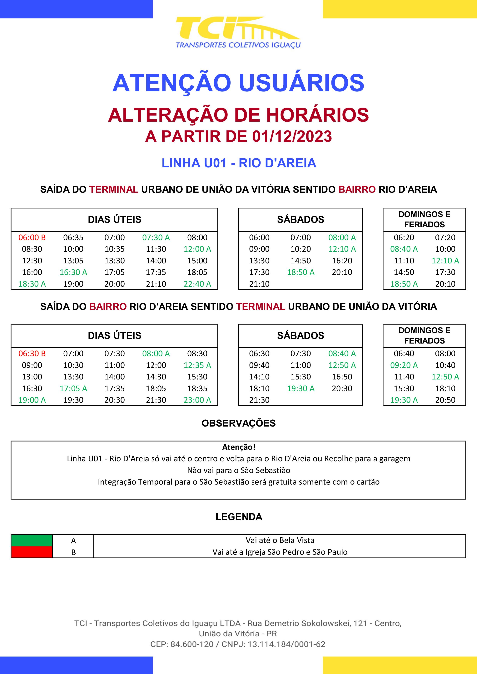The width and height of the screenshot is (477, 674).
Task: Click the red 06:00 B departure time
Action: (32, 237)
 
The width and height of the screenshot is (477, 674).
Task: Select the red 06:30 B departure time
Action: (32, 354)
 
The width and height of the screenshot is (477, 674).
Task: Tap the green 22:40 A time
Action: (197, 284)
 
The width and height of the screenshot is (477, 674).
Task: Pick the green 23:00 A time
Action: (197, 400)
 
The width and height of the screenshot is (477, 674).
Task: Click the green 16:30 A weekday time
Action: (73, 272)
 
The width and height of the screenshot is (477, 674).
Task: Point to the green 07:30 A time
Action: (156, 237)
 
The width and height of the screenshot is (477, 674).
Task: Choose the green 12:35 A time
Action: (197, 365)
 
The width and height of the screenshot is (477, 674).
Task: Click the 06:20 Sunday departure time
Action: (404, 237)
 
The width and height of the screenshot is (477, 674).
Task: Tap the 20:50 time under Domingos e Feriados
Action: (445, 400)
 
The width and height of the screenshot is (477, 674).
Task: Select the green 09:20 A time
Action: (404, 365)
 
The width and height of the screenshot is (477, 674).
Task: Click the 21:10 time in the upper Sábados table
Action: (259, 284)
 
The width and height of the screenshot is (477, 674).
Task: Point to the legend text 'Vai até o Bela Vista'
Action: (280, 540)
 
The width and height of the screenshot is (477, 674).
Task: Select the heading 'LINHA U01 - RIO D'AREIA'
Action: (238, 163)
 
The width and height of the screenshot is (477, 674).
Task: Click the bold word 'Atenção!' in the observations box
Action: (238, 447)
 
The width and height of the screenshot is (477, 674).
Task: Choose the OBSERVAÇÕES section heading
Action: (238, 423)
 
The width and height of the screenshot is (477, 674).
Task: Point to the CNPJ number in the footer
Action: (286, 644)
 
